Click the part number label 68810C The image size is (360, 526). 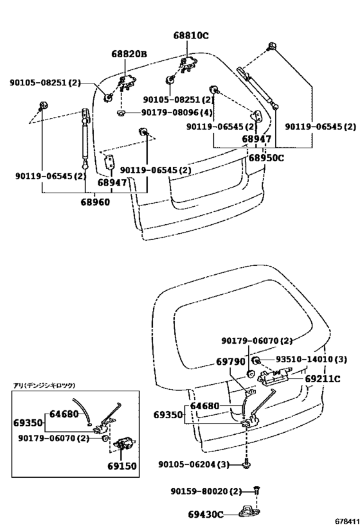[x=191, y=35]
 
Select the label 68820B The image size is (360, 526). [x=129, y=54]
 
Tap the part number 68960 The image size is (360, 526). [x=95, y=202]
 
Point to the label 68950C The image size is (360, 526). [x=266, y=157]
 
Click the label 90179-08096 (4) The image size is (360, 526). [x=177, y=112]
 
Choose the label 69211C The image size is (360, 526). [x=322, y=379]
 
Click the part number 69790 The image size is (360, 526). [x=230, y=362]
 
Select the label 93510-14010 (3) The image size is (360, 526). [x=311, y=360]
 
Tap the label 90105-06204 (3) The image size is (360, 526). [x=194, y=464]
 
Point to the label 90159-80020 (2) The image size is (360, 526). [x=206, y=491]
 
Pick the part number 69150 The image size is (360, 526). [x=122, y=466]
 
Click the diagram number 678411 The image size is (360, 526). [x=348, y=522]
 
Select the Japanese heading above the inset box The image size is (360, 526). [x=44, y=385]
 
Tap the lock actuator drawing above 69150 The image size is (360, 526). [x=123, y=445]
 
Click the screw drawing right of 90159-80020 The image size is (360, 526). [x=257, y=491]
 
